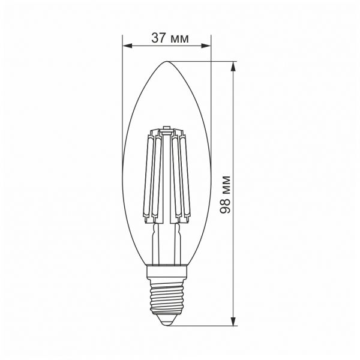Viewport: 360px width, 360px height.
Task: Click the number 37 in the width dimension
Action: point(159,38)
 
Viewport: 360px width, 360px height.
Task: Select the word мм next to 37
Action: point(179,39)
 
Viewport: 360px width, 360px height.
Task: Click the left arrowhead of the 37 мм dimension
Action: point(125,46)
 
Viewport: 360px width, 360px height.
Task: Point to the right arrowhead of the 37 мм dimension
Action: point(208,46)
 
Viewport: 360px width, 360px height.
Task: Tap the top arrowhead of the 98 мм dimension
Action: point(233,64)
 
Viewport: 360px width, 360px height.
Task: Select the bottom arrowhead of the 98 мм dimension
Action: point(233,322)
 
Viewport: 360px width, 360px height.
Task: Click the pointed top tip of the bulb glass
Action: point(167,61)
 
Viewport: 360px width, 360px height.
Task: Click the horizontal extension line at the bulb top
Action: point(204,61)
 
